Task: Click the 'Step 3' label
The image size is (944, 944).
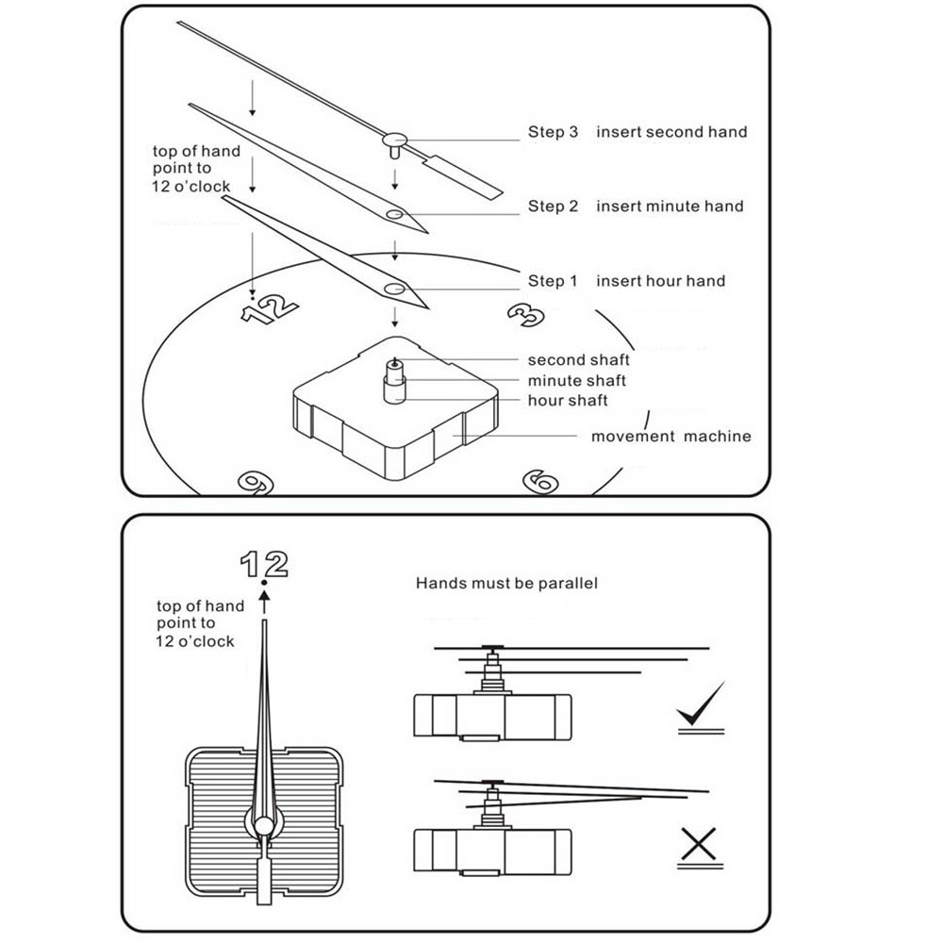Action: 553,132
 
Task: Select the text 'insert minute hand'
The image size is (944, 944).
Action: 670,207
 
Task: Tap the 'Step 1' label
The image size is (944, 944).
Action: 553,281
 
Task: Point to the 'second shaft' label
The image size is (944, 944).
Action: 578,359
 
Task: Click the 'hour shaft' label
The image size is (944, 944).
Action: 568,401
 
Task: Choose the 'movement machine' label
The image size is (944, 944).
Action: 671,437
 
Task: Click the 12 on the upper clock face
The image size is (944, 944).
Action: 269,307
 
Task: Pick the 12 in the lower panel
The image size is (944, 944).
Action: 263,564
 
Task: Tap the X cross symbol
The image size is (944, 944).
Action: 699,846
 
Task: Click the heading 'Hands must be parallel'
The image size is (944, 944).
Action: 506,584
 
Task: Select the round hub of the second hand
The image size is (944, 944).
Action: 394,140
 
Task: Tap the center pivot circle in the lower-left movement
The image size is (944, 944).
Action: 264,827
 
